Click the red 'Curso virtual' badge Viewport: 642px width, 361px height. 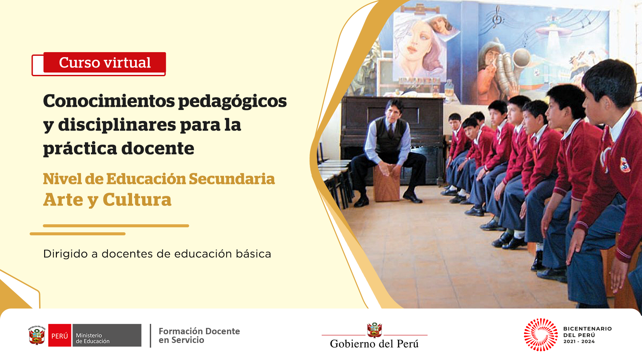[x=105, y=63]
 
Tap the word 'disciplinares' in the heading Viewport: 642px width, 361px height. [x=117, y=125]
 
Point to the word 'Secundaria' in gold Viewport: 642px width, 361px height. [x=232, y=179]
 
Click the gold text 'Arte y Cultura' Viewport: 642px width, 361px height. [x=107, y=200]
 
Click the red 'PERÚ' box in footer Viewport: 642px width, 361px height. [x=60, y=335]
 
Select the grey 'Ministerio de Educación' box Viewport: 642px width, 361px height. [x=107, y=335]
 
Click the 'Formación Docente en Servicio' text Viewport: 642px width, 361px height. [x=199, y=336]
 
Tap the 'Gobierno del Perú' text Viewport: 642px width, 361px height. [x=374, y=344]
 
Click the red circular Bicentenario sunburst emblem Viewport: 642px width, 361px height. [x=541, y=335]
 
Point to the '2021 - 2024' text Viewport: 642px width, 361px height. [x=579, y=342]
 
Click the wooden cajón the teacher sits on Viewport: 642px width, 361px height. [x=387, y=183]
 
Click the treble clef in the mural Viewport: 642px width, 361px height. [x=497, y=17]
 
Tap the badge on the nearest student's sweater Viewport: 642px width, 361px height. [x=625, y=165]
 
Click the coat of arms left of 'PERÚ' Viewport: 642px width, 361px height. [x=37, y=335]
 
